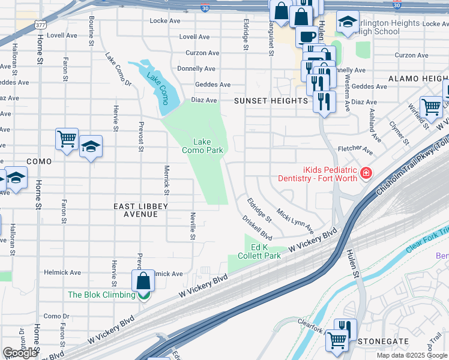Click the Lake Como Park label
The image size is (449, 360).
point(202,146)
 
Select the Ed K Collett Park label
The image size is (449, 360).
point(265,251)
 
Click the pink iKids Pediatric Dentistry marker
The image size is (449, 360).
point(366,174)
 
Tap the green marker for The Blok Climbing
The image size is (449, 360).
point(143,295)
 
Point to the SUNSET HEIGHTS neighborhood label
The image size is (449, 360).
point(271,101)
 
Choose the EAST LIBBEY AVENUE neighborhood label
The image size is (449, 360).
point(140,210)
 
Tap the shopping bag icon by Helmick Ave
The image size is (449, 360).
point(143,280)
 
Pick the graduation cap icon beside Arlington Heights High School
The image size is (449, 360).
point(347,22)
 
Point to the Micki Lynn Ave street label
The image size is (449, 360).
point(294,221)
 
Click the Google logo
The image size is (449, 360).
point(20,353)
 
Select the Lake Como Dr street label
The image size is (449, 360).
point(118,70)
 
